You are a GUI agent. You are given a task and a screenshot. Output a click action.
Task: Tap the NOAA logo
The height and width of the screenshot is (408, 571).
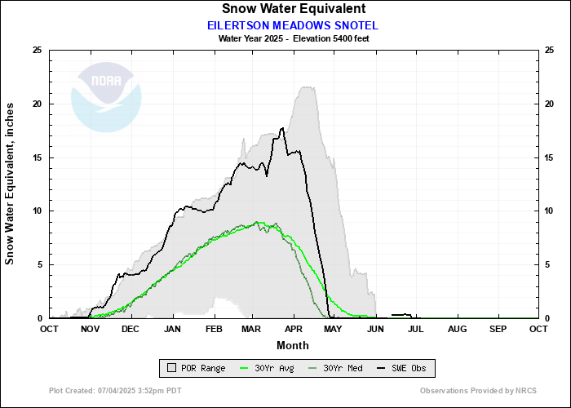pos(106,96)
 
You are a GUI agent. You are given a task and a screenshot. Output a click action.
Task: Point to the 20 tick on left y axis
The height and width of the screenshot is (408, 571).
pos(36,104)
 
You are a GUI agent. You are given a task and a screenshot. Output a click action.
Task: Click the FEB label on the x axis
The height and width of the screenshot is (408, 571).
pos(214,329)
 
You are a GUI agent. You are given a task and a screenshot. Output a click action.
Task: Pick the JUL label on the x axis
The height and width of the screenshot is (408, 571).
pos(416,329)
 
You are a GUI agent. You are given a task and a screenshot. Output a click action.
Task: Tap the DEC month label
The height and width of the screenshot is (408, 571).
pos(131,329)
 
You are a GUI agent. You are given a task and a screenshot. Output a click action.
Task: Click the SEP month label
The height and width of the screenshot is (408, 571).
pos(498,329)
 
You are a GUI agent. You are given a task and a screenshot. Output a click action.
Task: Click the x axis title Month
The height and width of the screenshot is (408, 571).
pos(293,344)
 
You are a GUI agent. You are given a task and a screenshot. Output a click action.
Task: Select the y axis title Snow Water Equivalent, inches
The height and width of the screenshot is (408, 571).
pos(11,183)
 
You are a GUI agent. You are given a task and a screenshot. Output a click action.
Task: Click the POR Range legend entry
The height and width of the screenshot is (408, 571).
pos(196,369)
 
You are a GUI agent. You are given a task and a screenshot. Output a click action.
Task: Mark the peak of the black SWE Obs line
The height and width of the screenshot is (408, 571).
pos(282,128)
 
